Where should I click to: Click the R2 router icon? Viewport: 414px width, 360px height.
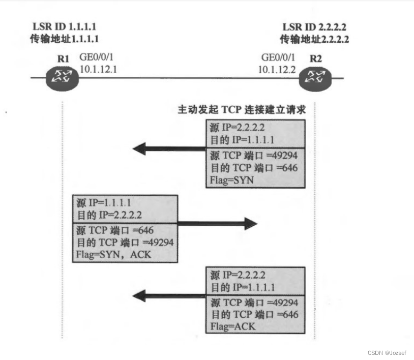tap(316, 77)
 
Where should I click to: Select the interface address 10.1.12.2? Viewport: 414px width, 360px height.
tap(277, 69)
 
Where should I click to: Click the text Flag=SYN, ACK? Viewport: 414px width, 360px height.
tap(112, 254)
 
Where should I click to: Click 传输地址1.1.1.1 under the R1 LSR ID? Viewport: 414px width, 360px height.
tap(65, 39)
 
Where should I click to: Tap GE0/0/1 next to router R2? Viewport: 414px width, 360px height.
tap(277, 57)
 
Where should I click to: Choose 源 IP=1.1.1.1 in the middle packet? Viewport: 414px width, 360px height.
tap(104, 202)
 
